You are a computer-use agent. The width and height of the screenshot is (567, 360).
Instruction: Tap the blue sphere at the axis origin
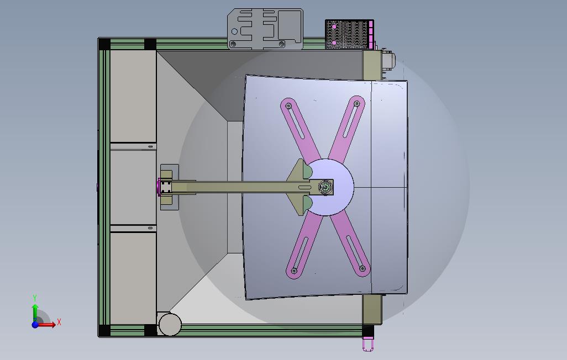click(35, 324)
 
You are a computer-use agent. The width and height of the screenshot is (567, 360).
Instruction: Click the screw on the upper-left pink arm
click(288, 106)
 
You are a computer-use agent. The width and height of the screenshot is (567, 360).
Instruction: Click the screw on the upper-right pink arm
click(356, 104)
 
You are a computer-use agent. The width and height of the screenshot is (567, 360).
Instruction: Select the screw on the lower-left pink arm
click(294, 271)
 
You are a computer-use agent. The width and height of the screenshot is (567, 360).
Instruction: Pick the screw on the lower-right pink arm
click(362, 268)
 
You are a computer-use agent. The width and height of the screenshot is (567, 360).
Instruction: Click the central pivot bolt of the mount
click(325, 187)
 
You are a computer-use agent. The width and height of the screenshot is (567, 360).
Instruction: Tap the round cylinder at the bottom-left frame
click(170, 324)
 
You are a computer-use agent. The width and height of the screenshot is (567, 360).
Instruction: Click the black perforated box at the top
click(347, 34)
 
